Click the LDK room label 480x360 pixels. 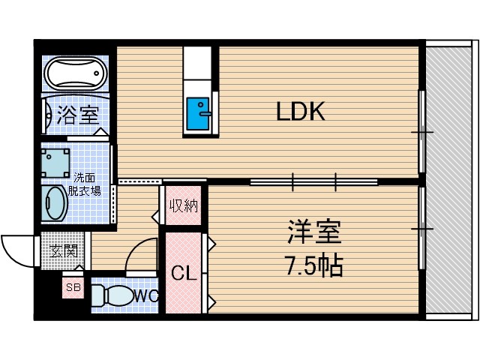300,112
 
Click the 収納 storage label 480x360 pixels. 183,205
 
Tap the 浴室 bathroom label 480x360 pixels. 78,115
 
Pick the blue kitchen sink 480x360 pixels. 199,115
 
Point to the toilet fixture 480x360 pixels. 112,295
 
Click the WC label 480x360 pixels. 145,295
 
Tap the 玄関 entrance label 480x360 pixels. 64,250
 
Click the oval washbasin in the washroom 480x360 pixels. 55,203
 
